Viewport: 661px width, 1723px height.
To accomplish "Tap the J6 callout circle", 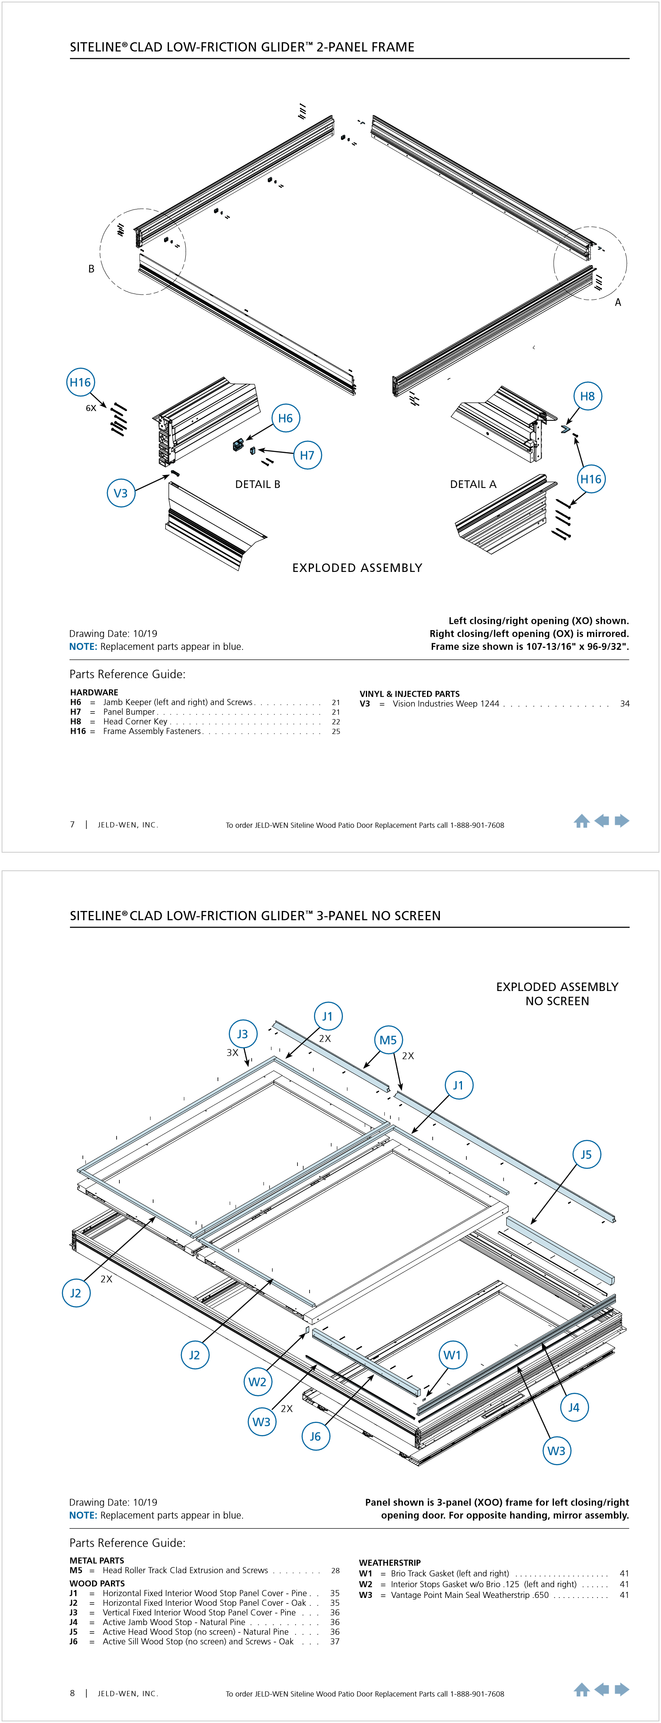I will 316,1436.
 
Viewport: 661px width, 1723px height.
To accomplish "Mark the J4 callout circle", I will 573,1407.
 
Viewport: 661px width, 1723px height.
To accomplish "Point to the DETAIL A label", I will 473,484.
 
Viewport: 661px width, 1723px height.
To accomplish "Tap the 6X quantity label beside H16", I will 91,408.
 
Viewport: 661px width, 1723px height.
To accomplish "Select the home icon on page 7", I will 581,821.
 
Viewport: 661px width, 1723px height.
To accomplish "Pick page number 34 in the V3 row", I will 625,704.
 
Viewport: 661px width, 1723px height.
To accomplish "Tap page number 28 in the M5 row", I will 335,1571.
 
